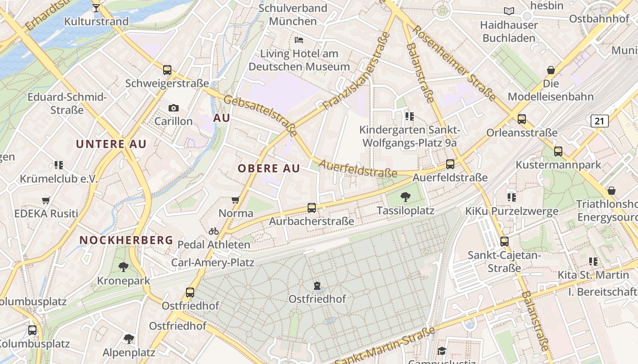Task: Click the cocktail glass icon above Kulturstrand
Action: (96, 8)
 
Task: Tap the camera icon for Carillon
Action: (173, 108)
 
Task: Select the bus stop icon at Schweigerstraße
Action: (167, 70)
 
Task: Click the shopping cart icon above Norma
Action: (236, 200)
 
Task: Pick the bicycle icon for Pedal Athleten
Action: (214, 231)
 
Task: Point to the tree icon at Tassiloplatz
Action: (405, 197)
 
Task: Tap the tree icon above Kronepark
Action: (123, 267)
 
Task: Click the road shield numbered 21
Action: (599, 121)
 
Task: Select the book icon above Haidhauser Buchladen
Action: (509, 11)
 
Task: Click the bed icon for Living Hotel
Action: (299, 40)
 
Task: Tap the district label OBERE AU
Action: (269, 168)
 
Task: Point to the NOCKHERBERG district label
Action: (126, 240)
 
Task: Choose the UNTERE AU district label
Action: (111, 144)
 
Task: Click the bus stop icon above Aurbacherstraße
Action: (312, 208)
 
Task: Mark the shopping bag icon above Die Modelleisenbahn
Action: (551, 70)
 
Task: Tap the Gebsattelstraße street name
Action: (260, 116)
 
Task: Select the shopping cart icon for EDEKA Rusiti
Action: (46, 200)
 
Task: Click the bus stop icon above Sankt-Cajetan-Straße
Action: (504, 241)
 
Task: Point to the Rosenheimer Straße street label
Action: (454, 63)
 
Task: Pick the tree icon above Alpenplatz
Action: (129, 339)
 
